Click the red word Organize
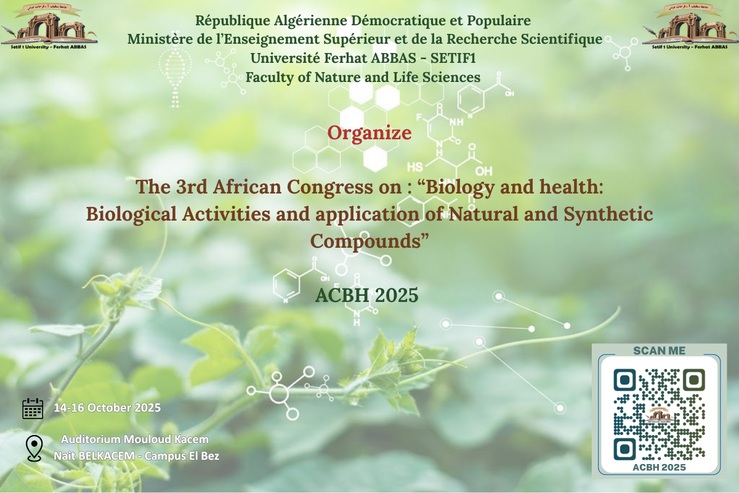click(x=369, y=132)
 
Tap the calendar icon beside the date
click(x=33, y=408)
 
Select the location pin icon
click(x=34, y=448)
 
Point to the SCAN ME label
click(x=659, y=351)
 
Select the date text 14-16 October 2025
click(x=107, y=408)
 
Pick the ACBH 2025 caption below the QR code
click(x=659, y=468)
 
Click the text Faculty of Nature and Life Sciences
click(x=363, y=78)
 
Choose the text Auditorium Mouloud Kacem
click(x=135, y=439)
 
